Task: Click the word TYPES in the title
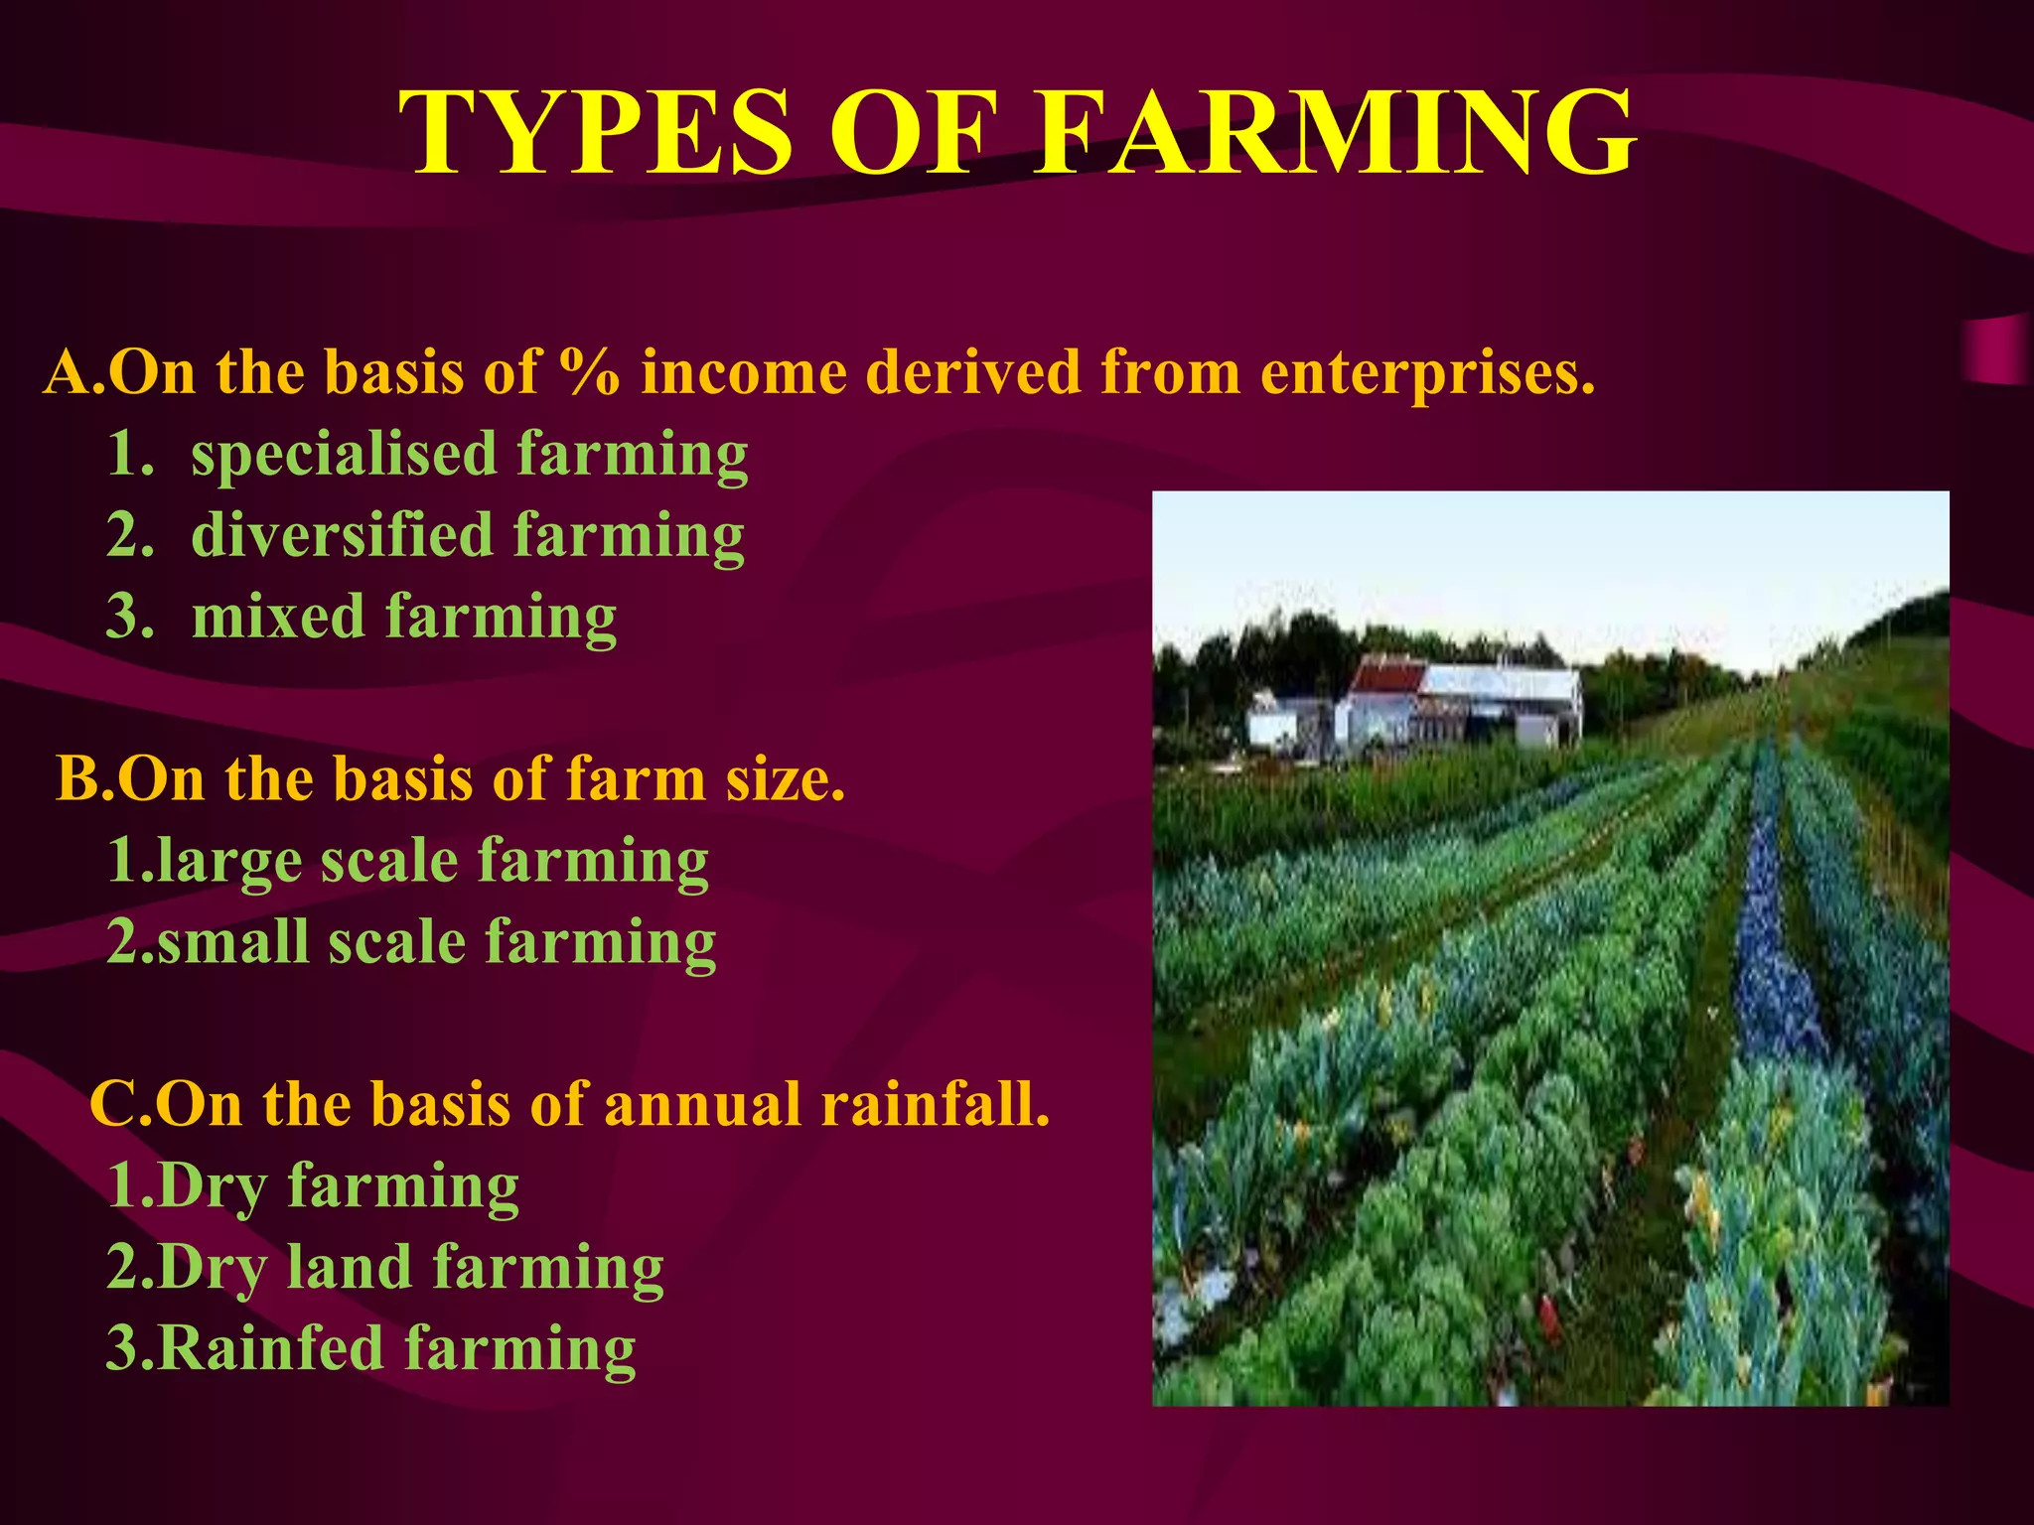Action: (596, 134)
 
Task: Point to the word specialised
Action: (344, 455)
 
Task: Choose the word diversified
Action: (342, 536)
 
